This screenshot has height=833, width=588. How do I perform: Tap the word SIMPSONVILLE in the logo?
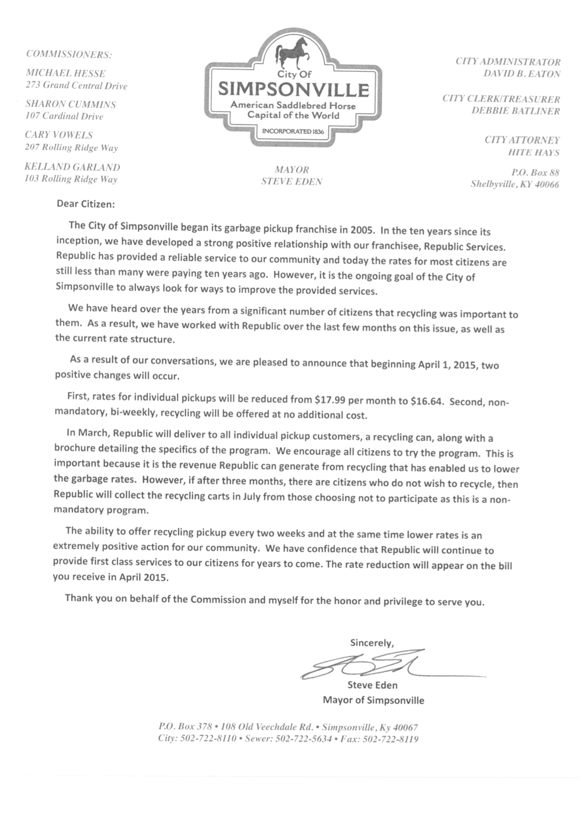coord(293,90)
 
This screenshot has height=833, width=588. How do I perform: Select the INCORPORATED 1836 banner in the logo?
coord(293,131)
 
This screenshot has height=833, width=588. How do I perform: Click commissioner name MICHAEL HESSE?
coord(65,73)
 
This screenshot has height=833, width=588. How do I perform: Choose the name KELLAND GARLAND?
coord(72,167)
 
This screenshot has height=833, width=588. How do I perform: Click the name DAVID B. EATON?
coord(521,74)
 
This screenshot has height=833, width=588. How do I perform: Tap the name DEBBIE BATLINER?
coord(515,111)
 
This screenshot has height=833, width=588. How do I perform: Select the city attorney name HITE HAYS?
coord(533,153)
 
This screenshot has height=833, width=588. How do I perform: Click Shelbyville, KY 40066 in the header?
coord(514,184)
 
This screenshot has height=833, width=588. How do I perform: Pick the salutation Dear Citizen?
coord(86,204)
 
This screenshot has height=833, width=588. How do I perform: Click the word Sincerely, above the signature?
coord(372,643)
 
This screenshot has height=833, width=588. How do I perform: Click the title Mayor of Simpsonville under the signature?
coord(373,700)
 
